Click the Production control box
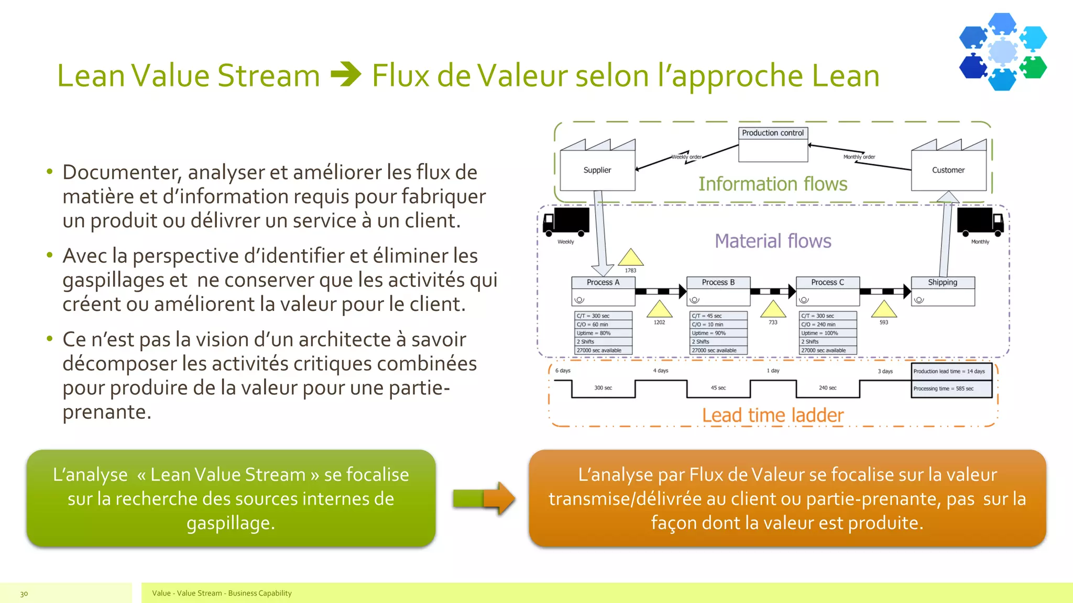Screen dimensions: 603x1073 coord(773,143)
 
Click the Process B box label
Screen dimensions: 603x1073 coord(718,283)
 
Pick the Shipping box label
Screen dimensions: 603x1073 coord(943,283)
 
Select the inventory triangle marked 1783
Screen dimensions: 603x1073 coord(630,259)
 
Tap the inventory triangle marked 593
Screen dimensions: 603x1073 coord(884,310)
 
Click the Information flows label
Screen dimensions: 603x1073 coord(773,184)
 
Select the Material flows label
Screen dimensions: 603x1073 coord(773,241)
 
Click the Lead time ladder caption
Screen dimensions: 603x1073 coord(773,416)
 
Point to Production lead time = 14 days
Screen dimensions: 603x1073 coord(949,371)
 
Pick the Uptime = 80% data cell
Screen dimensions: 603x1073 coord(603,333)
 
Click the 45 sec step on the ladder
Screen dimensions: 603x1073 coord(718,388)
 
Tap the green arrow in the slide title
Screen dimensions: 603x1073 coord(346,74)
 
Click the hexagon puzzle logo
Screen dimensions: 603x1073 coord(1002,51)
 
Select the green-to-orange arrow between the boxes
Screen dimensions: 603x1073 coord(484,498)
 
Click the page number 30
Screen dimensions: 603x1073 coord(24,594)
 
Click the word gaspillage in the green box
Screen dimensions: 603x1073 coord(230,523)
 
